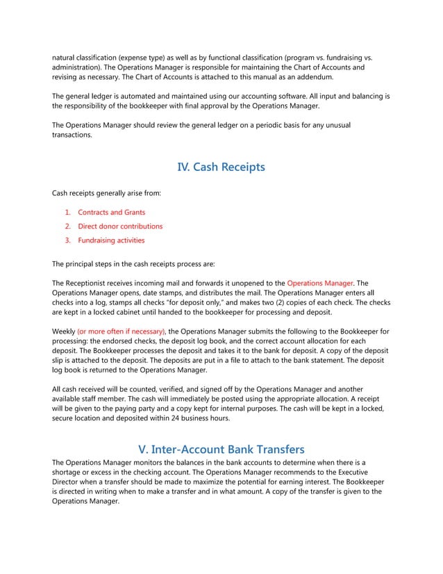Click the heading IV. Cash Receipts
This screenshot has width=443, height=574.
coord(221,167)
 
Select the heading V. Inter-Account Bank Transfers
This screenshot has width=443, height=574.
coord(221,448)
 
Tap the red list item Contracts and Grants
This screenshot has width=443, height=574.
coord(111,212)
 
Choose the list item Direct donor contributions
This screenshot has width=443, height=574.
coord(120,226)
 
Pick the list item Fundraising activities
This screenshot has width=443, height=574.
coord(111,240)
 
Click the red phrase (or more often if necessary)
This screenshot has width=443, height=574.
coord(122,331)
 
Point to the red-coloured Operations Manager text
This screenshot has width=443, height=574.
coord(319,283)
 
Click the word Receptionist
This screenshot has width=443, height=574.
coord(89,283)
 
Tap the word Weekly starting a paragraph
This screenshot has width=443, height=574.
coord(64,331)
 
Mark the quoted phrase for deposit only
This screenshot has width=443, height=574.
coord(183,302)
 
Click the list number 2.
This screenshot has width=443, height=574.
coord(67,226)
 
